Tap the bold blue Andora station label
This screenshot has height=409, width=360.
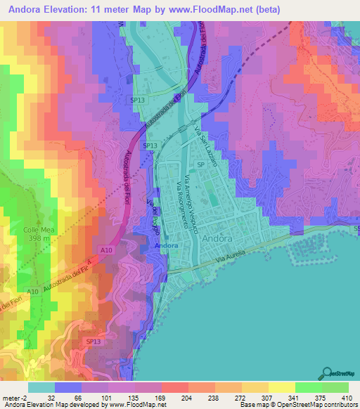[x=166, y=247]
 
